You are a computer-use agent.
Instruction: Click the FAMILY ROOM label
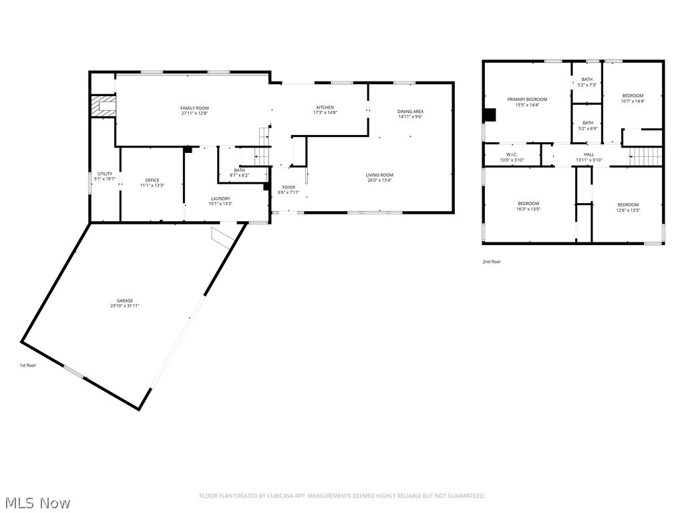(194, 108)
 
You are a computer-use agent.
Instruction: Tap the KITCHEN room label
(325, 108)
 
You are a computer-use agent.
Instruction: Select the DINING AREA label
(410, 112)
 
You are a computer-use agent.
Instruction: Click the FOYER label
(289, 188)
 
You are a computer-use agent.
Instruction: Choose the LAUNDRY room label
(220, 198)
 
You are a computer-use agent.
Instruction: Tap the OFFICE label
(152, 180)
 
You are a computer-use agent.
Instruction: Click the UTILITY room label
(105, 174)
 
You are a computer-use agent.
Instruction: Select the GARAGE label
(125, 301)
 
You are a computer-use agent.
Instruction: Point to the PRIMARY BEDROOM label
(526, 100)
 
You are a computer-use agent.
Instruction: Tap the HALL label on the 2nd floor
(588, 154)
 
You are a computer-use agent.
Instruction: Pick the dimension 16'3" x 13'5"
(528, 209)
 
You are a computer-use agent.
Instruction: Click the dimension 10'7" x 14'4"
(633, 102)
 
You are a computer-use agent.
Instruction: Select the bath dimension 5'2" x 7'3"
(586, 85)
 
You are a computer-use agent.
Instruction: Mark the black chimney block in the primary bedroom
(490, 115)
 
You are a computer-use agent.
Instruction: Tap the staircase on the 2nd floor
(646, 156)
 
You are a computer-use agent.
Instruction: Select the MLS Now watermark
(37, 502)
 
